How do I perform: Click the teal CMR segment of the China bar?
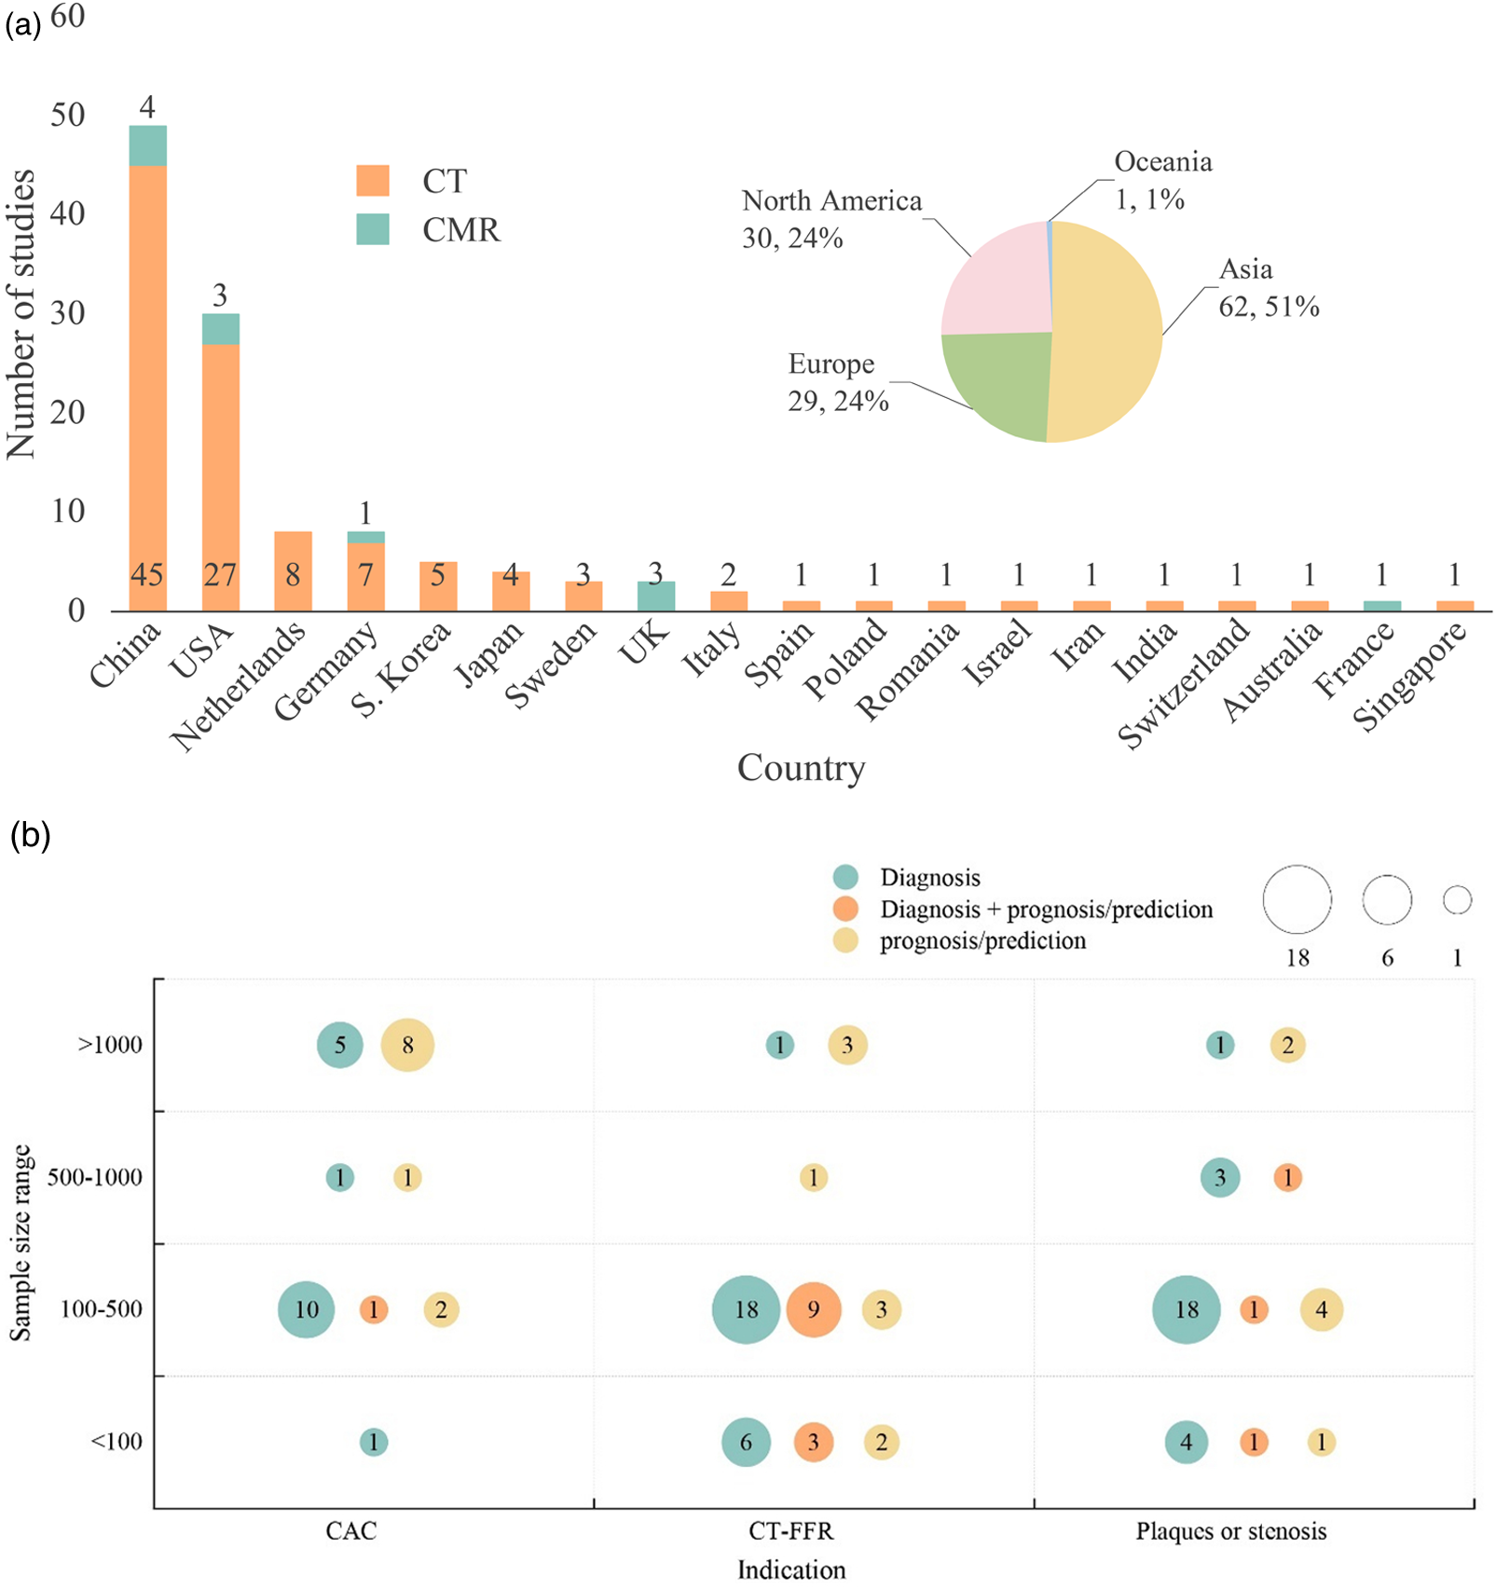tap(147, 145)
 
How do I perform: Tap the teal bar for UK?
tap(656, 596)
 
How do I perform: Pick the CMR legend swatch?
tap(373, 229)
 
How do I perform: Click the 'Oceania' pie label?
tap(1163, 162)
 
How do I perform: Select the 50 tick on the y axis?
tap(67, 115)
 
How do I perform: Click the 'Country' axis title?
tap(801, 768)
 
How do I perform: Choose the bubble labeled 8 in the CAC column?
tap(407, 1045)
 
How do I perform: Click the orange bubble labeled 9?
tap(814, 1309)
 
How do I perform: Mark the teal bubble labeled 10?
tap(307, 1309)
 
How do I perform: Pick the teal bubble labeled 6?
tap(746, 1442)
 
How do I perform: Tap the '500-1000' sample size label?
tap(95, 1177)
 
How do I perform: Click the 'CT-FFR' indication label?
tap(791, 1531)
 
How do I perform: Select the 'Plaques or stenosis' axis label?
tap(1230, 1531)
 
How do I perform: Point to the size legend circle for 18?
tap(1297, 899)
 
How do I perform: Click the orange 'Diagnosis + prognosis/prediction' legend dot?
tap(845, 909)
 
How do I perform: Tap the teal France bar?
tap(1381, 606)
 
